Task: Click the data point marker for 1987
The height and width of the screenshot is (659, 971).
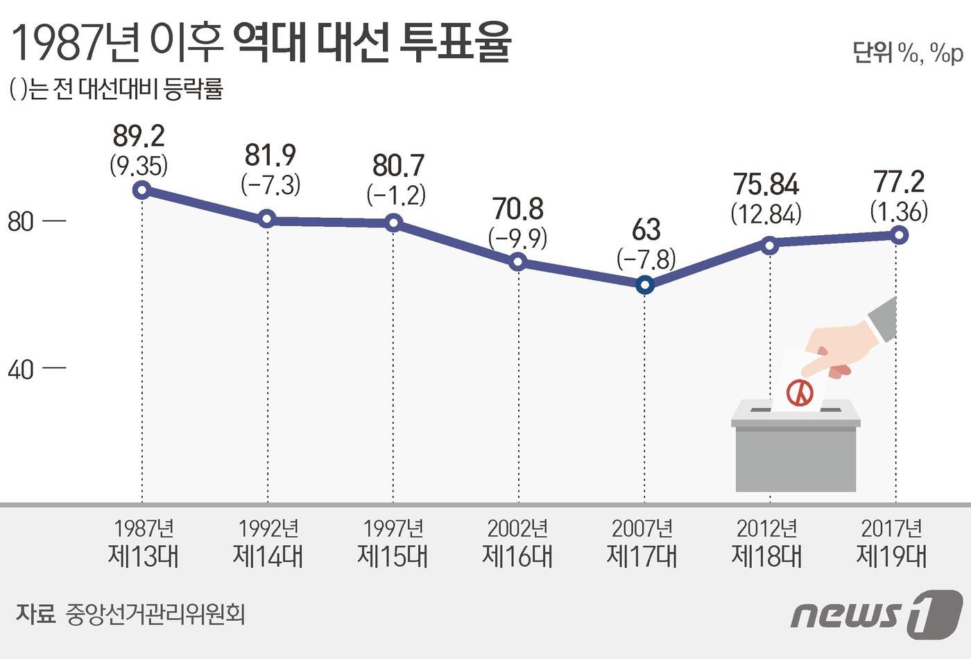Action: coord(141,190)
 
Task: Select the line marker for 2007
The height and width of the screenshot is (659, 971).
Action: coord(645,285)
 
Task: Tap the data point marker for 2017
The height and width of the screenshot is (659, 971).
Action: coord(899,235)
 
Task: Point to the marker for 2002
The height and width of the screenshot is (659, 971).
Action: coord(517,262)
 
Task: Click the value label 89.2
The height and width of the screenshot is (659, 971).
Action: coord(139,136)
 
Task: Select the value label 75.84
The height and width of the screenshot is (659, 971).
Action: coord(766,185)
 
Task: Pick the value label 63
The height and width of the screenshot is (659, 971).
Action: coord(646,230)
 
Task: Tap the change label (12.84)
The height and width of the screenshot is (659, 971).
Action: coord(766,214)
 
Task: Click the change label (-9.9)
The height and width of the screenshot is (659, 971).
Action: coord(517,238)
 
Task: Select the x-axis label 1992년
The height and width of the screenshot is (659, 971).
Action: coord(268,529)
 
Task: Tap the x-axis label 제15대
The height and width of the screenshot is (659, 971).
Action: coord(393,556)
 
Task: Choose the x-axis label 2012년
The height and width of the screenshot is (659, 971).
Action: coord(767,529)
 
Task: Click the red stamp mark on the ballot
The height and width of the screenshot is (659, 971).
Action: coord(800,393)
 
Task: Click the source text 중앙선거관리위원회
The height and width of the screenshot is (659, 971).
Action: coord(155,614)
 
